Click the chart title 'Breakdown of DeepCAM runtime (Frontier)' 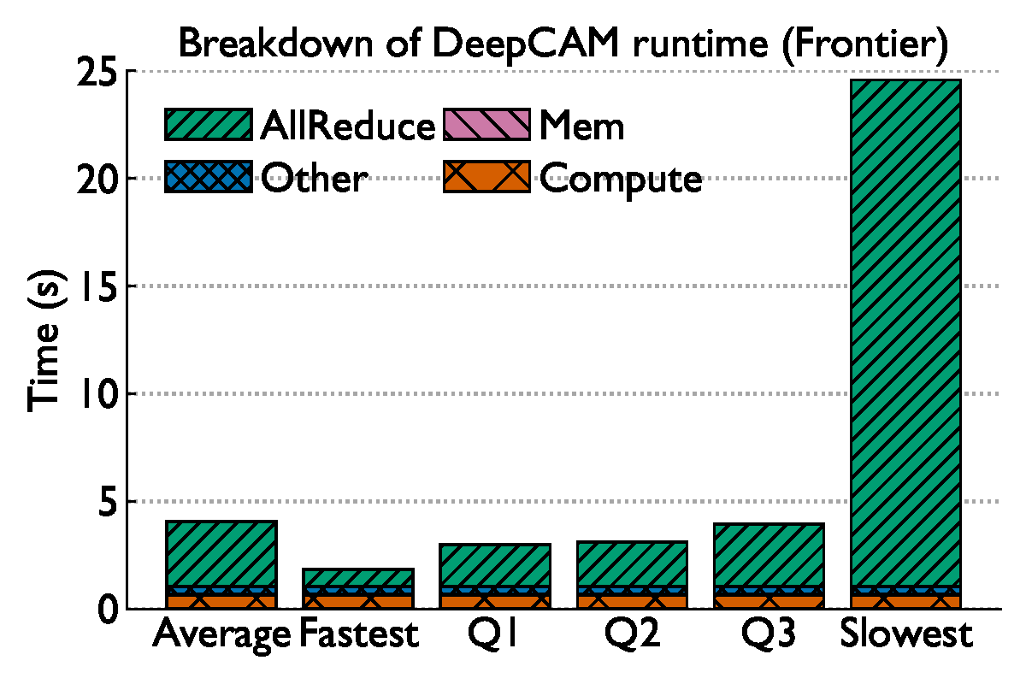(x=563, y=44)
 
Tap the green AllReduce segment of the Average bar (x=221, y=553)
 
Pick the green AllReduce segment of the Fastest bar (x=358, y=577)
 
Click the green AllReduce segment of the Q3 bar (x=769, y=554)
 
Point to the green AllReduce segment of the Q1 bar (x=495, y=564)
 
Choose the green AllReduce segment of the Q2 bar (x=632, y=563)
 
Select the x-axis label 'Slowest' (x=905, y=635)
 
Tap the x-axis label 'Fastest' (x=358, y=635)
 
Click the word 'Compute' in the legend (x=621, y=179)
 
